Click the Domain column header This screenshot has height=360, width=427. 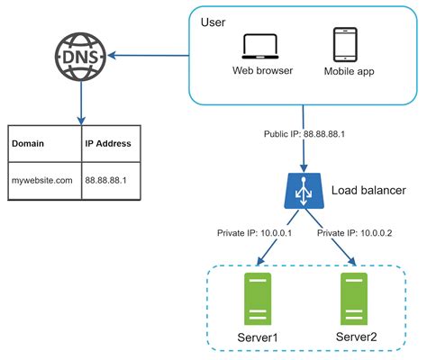[31, 143]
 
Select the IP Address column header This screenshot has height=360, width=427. [107, 143]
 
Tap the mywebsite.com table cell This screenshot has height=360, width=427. [41, 180]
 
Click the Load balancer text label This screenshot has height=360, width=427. [368, 191]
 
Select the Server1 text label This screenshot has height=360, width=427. [257, 338]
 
